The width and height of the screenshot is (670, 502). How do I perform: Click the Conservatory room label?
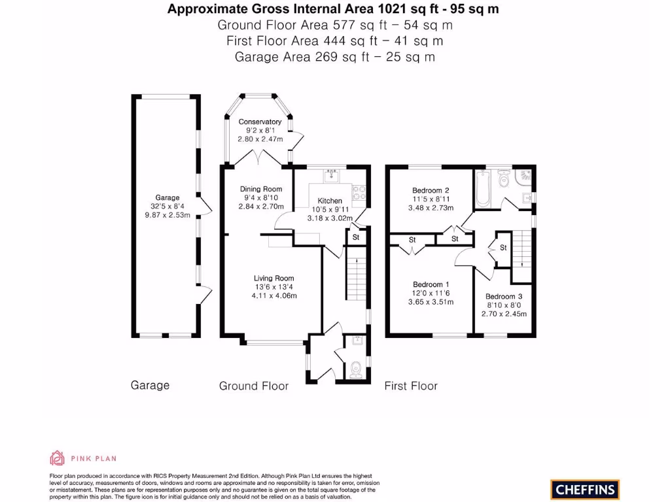coord(260,122)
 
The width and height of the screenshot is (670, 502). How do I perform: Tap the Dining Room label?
coord(260,189)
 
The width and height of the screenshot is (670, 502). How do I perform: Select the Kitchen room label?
coord(330,201)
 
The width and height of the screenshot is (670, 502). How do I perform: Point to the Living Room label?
coord(274,278)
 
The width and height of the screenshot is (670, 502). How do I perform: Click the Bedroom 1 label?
coord(431,284)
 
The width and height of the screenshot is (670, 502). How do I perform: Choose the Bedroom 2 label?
coord(431,190)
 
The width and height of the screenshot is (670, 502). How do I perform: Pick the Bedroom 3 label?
coord(504,296)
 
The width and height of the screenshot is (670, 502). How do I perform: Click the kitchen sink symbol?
coord(332,175)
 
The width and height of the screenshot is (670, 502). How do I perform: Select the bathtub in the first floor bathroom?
coord(483,188)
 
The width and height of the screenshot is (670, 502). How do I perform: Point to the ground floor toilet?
coord(355,370)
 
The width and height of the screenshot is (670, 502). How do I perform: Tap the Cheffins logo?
coord(585,489)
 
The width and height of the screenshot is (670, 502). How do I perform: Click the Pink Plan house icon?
coord(58,458)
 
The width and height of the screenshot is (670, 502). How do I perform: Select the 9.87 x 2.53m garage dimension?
coord(167,215)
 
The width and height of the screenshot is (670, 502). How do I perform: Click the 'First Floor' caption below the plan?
coord(411,386)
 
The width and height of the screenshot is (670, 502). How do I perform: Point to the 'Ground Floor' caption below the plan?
coord(254,386)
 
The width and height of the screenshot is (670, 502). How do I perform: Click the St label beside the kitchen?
coord(356,237)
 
